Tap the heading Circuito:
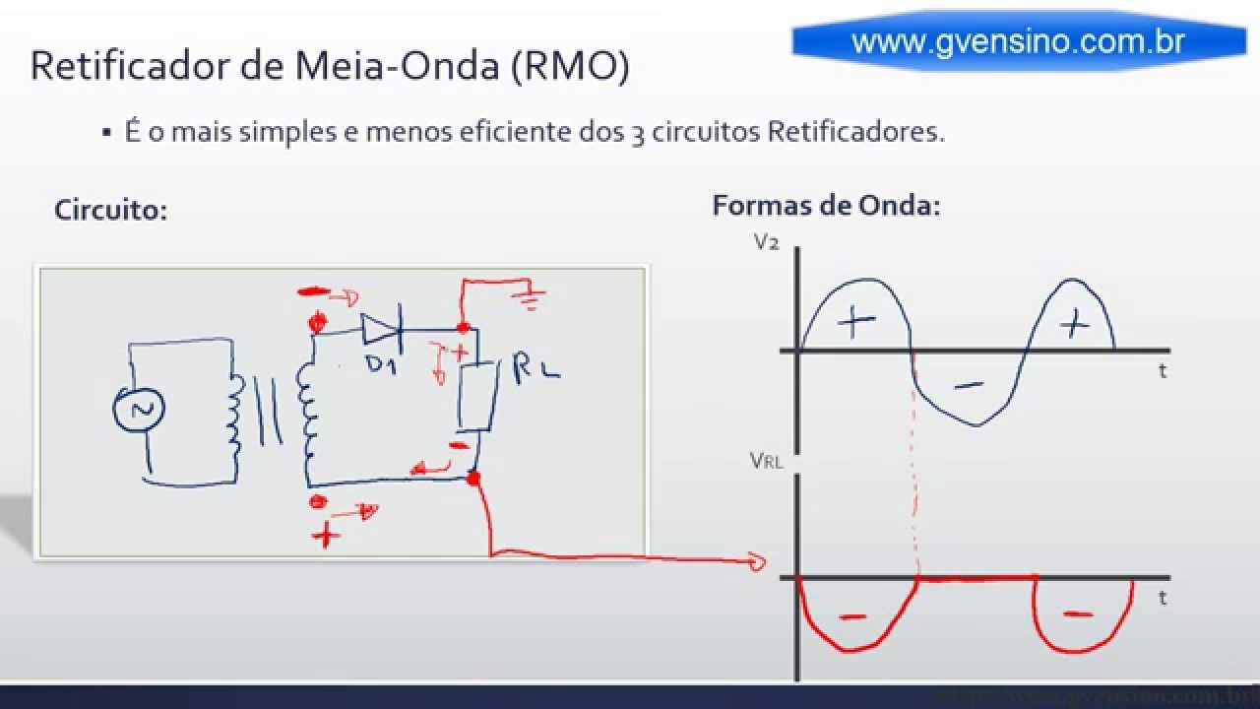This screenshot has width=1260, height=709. click(110, 210)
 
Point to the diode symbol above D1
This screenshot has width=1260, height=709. click(379, 328)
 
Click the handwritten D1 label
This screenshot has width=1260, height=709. click(382, 363)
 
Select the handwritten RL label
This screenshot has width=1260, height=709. click(536, 369)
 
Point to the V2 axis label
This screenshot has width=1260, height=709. click(766, 241)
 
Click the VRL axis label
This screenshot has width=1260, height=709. click(766, 460)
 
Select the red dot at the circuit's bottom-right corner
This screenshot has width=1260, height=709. click(473, 480)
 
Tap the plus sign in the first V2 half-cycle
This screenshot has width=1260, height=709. click(857, 322)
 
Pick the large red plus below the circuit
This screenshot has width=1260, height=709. click(325, 535)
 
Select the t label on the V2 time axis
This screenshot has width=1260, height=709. click(1163, 371)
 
